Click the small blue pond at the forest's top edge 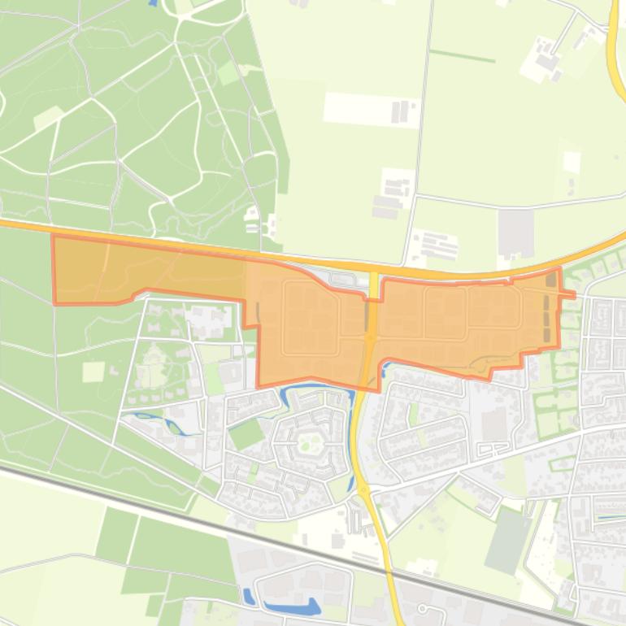point(153,3)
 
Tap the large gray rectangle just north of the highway point(516,232)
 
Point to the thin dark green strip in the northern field point(462,56)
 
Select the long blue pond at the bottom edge point(292,606)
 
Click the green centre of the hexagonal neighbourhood point(310,443)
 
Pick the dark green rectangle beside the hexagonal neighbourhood point(246,434)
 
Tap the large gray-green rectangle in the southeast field point(508,540)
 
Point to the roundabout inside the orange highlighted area point(370,335)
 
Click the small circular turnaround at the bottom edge point(423,608)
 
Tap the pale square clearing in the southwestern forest point(93,372)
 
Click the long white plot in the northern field point(372,109)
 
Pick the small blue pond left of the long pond point(248,596)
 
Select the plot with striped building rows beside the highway point(434,245)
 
